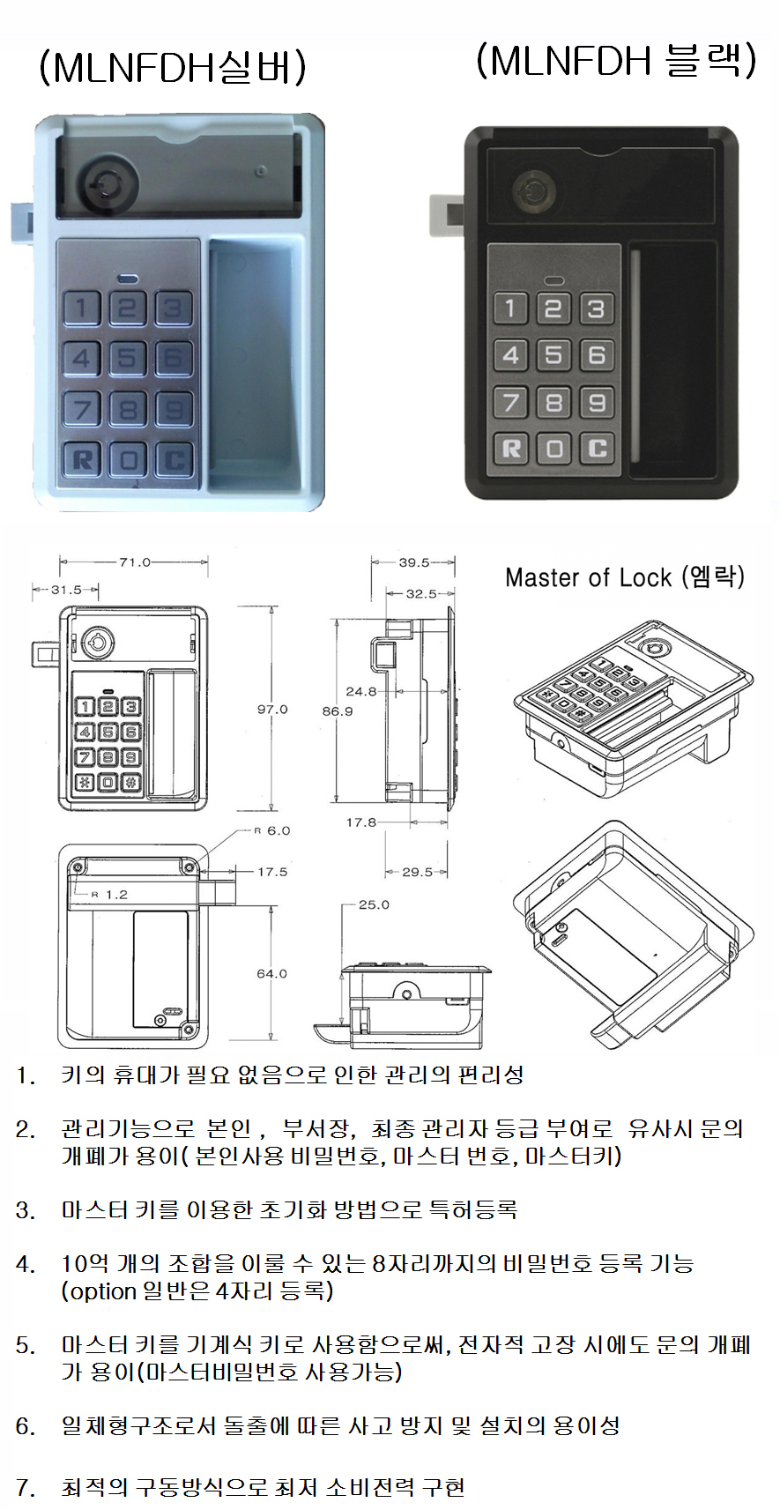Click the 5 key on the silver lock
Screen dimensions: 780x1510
(x=128, y=357)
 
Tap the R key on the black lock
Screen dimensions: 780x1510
(x=511, y=449)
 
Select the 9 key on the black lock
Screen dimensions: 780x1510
(x=597, y=403)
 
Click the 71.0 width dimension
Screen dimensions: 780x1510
(x=135, y=562)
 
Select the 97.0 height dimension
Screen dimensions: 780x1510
(x=271, y=709)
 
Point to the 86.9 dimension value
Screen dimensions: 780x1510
(x=337, y=710)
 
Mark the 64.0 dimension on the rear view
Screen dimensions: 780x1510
(x=271, y=973)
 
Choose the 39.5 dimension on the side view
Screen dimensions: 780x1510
(x=414, y=562)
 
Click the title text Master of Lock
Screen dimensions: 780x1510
(x=588, y=577)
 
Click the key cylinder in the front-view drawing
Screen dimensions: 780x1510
(x=98, y=643)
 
